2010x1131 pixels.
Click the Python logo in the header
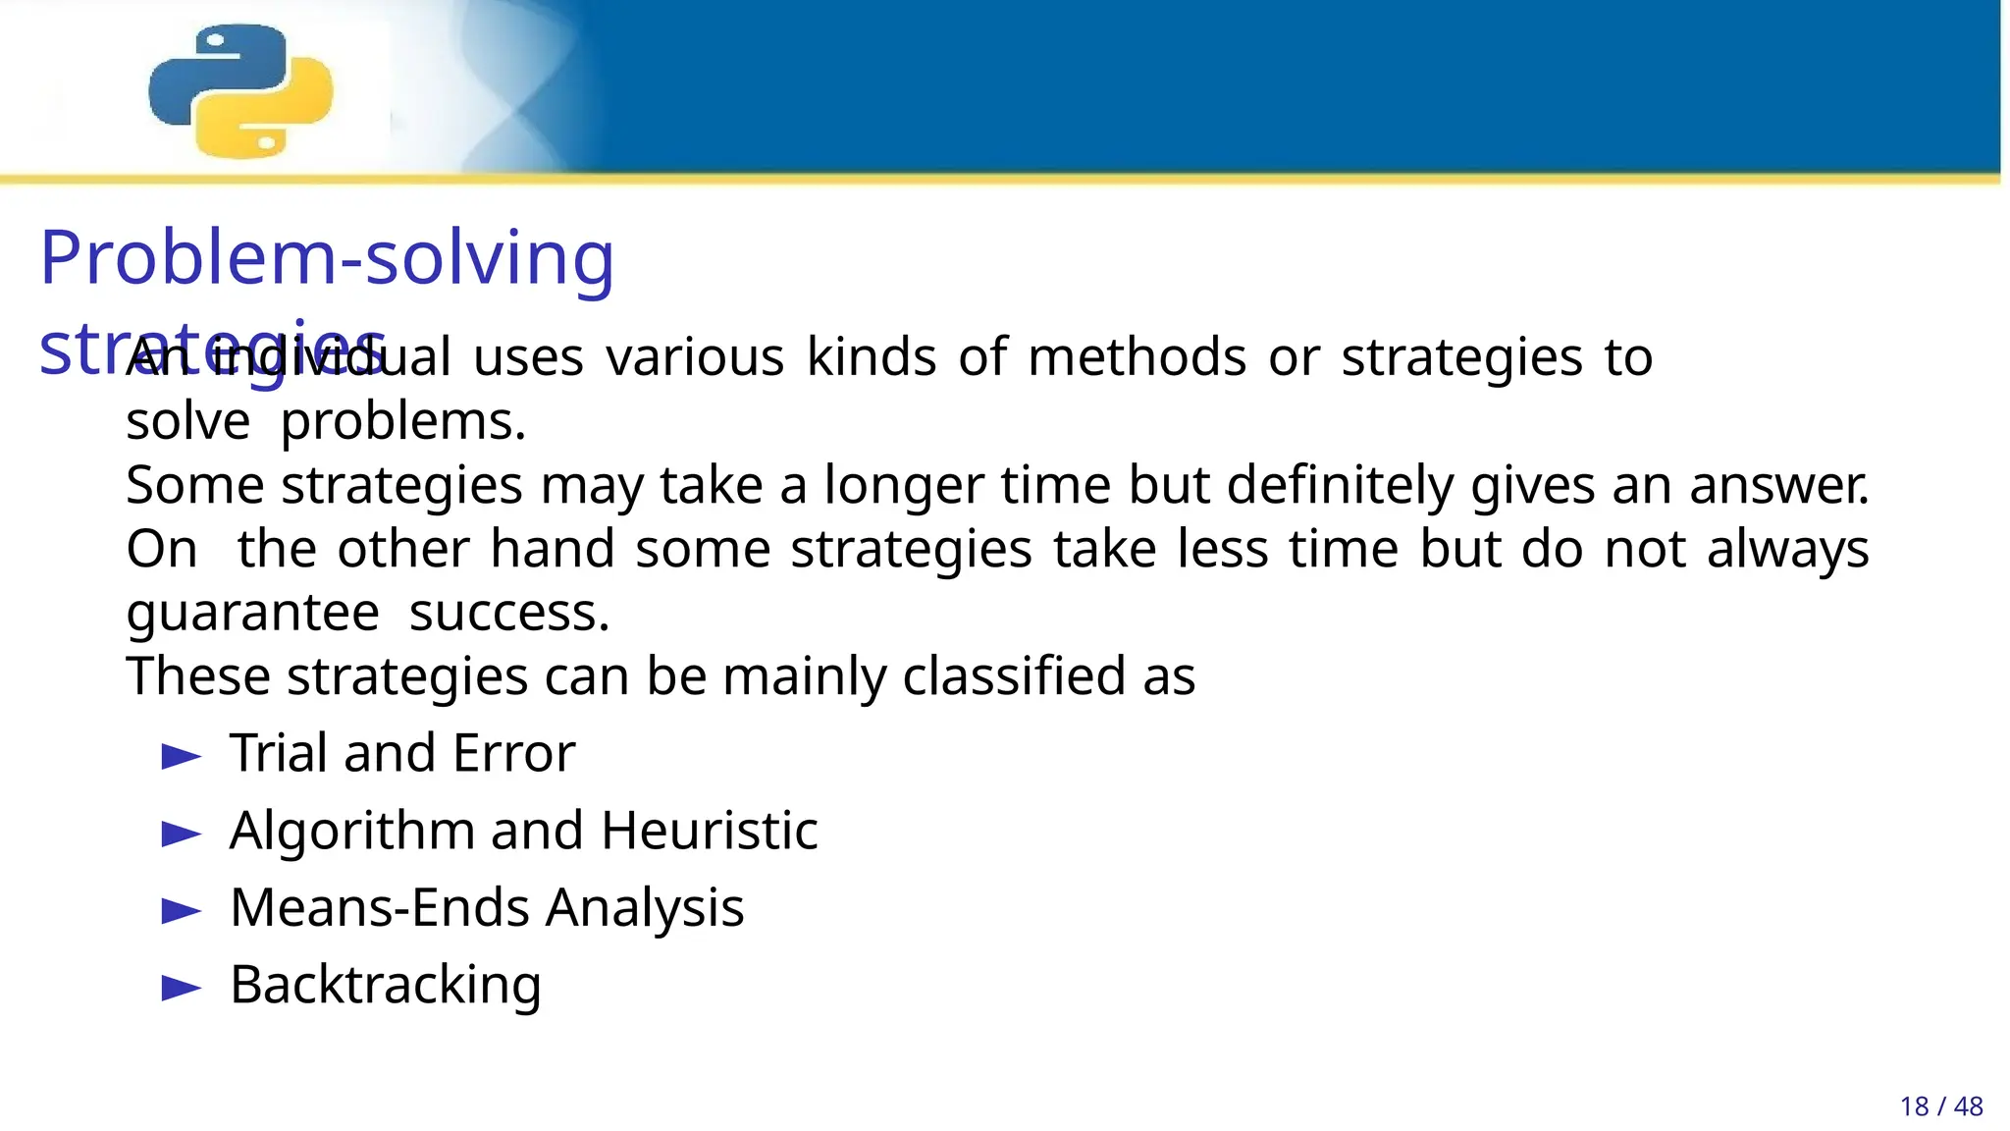tap(240, 90)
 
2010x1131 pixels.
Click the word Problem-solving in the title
tap(327, 257)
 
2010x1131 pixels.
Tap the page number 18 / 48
tap(1940, 1106)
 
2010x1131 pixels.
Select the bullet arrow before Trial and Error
tap(181, 757)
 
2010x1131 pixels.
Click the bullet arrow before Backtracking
tap(181, 988)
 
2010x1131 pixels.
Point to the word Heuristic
tap(709, 831)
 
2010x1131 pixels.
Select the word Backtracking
tap(385, 986)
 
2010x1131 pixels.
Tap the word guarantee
tap(252, 614)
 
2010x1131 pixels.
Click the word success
tap(508, 614)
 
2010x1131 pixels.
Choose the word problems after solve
tap(403, 423)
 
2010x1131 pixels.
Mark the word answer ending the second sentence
tap(1778, 486)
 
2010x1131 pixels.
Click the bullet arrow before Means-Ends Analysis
tap(181, 911)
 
